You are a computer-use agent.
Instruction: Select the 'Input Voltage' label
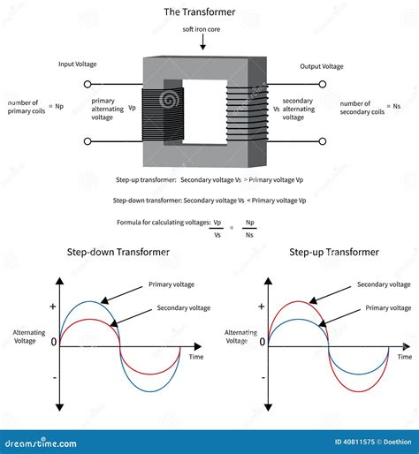click(78, 64)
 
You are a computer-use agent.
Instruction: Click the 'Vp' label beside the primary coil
click(132, 109)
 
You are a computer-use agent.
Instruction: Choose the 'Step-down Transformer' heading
click(118, 252)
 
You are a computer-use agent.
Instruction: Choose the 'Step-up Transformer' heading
click(334, 252)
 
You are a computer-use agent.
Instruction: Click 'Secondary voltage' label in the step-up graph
click(385, 284)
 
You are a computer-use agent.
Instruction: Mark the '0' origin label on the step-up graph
click(259, 343)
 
